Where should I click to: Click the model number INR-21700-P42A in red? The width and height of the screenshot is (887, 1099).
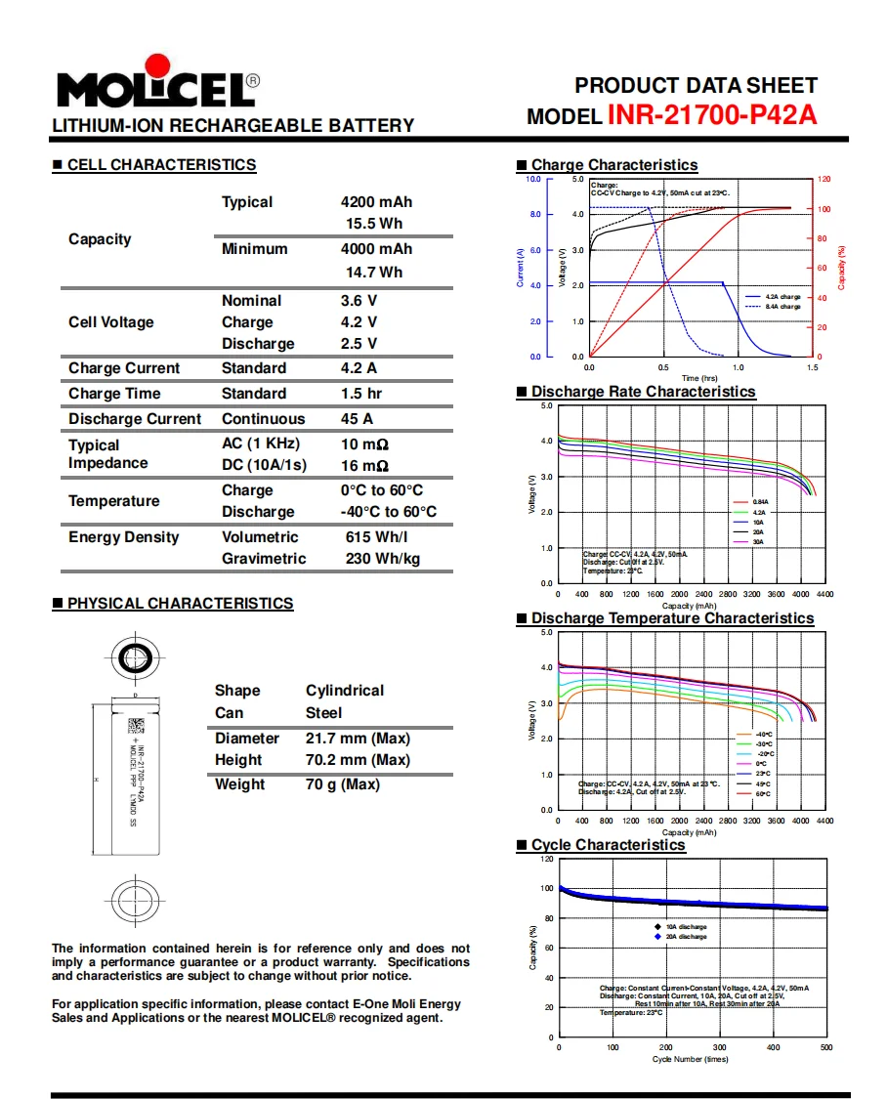click(x=712, y=115)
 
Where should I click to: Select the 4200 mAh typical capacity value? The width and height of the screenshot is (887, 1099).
click(x=376, y=202)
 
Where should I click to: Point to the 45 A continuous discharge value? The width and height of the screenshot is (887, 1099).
click(x=357, y=419)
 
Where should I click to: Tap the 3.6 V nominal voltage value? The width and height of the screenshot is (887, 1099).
click(x=359, y=301)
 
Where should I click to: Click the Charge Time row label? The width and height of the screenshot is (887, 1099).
click(x=114, y=394)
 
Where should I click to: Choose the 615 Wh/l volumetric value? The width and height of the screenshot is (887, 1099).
click(x=376, y=537)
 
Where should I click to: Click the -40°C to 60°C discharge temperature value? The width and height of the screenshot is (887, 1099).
click(x=389, y=512)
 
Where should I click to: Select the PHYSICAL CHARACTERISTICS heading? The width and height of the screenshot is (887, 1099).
click(x=180, y=604)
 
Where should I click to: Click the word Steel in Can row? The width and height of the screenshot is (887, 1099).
click(x=324, y=713)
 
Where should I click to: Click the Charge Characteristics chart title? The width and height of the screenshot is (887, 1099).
click(x=614, y=165)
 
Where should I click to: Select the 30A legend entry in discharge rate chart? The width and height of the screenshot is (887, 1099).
click(x=758, y=541)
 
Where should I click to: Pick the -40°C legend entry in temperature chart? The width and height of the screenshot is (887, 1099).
click(x=763, y=734)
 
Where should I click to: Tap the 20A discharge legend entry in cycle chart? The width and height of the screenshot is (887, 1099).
click(x=686, y=937)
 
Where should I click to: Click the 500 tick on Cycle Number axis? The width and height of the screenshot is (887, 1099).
click(x=825, y=1047)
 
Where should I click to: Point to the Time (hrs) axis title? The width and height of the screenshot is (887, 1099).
click(x=699, y=378)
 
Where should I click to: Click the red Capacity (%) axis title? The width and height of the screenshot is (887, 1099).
click(x=841, y=267)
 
